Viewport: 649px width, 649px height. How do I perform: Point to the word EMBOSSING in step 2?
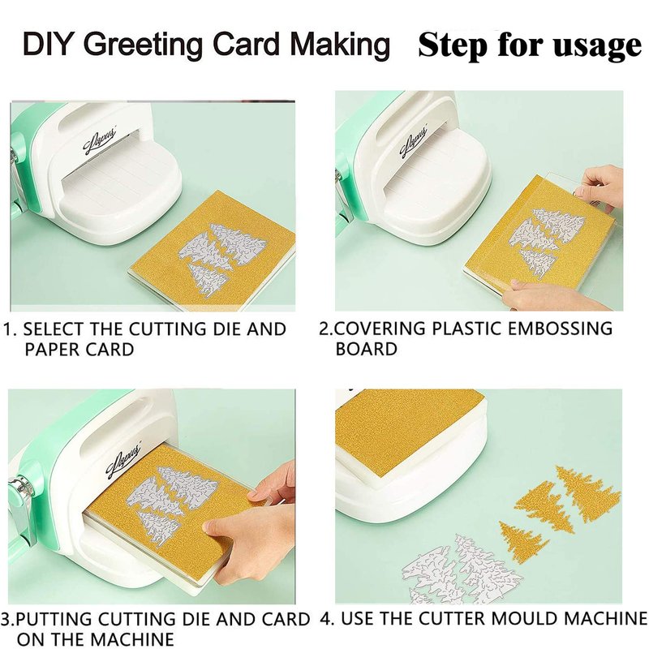[x=560, y=329]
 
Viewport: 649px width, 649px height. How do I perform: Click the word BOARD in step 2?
[x=367, y=349]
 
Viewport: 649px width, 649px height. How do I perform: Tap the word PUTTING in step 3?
[x=55, y=619]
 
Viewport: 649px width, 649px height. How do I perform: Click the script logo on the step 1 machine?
[x=101, y=141]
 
